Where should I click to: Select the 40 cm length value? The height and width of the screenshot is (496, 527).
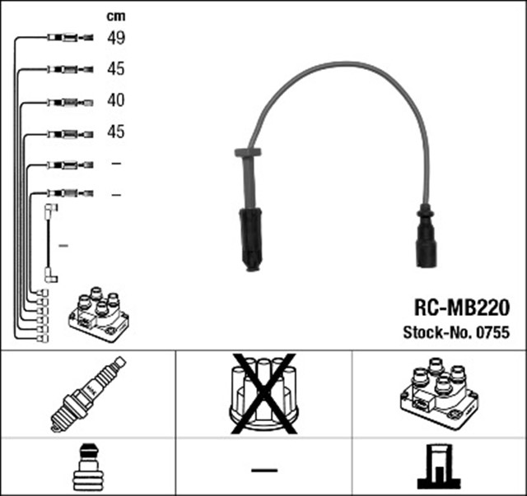(115, 100)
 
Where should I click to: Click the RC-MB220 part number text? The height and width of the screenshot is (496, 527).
(461, 308)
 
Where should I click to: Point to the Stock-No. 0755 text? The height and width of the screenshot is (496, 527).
(456, 333)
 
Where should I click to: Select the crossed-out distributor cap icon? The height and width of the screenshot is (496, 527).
(263, 392)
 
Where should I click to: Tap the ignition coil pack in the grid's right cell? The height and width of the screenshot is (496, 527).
(438, 392)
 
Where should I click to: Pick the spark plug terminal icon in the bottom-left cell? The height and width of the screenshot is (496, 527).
(87, 468)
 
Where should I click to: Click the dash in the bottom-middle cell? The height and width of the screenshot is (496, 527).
(263, 470)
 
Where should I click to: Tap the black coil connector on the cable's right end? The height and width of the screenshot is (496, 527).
(427, 241)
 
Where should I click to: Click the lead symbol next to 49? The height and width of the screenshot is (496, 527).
(69, 37)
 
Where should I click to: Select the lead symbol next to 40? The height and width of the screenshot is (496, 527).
(69, 101)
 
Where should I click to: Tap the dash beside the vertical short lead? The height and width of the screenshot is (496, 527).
(63, 245)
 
